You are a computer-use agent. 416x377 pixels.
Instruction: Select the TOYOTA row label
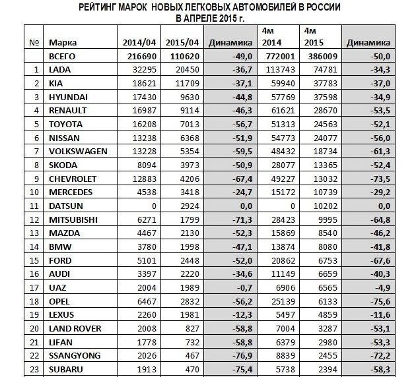coord(66,124)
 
